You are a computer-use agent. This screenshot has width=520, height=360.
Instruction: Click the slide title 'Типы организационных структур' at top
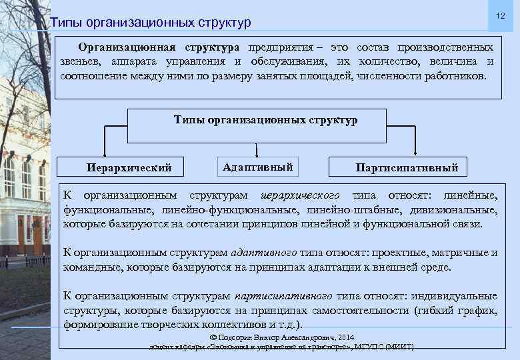click(151, 23)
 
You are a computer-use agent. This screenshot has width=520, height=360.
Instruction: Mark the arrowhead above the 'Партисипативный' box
click(416, 153)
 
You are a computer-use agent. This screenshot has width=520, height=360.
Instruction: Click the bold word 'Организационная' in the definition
click(127, 48)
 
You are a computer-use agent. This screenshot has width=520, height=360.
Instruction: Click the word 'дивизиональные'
click(457, 210)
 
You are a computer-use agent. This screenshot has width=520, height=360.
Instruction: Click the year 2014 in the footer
click(346, 337)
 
